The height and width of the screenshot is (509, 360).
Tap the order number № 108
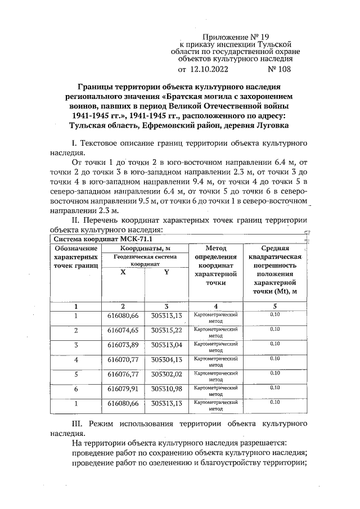pos(280,70)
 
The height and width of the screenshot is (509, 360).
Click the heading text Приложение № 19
pos(235,37)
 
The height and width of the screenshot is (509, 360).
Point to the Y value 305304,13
pos(167,359)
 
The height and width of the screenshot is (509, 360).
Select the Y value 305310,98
pos(167,389)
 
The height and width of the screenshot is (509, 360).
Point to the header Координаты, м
pos(145,248)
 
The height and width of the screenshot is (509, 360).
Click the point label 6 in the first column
pos(76,389)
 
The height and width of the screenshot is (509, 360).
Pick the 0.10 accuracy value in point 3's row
pos(275,344)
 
